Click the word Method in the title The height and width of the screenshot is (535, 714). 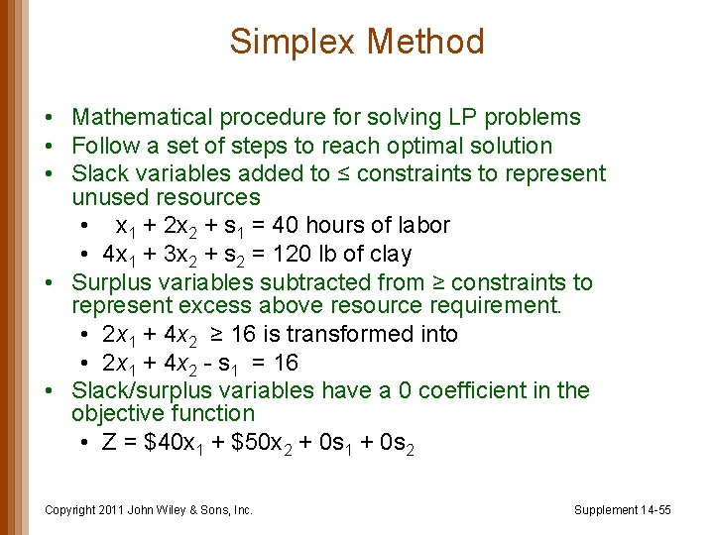click(425, 42)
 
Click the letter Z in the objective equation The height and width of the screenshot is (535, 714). click(110, 442)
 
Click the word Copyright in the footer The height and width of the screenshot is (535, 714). click(71, 510)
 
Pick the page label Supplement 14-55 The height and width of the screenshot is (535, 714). click(623, 510)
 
